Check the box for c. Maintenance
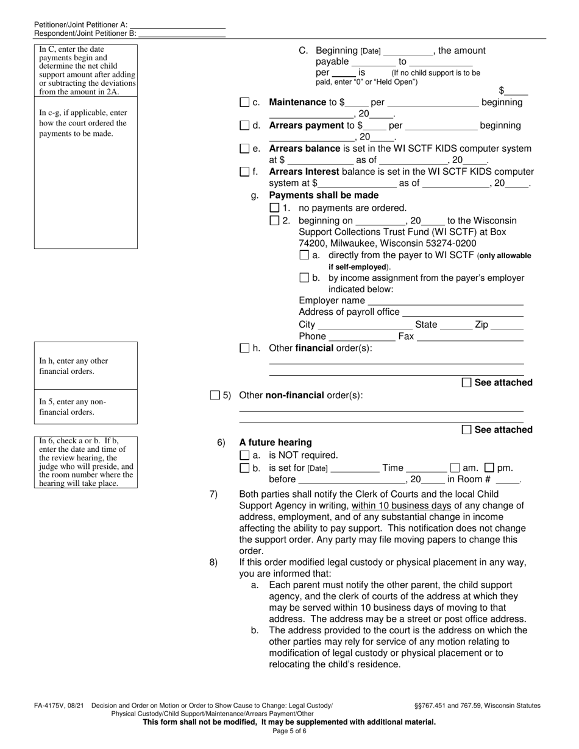244,103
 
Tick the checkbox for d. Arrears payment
244,126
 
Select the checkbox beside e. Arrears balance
244,149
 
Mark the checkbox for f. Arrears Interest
244,172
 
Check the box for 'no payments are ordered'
274,208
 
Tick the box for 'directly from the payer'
304,255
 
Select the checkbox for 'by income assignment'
304,278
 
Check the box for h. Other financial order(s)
244,348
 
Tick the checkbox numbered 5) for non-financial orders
215,395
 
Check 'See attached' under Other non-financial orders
467,430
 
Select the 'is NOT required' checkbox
244,455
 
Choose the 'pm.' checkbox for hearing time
489,468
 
